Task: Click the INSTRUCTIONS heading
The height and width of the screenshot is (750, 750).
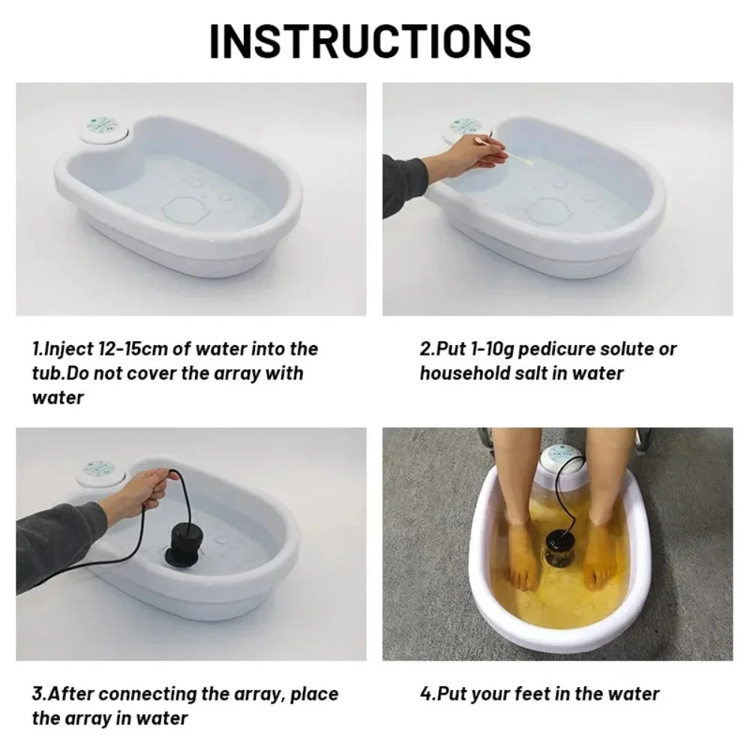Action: (x=370, y=41)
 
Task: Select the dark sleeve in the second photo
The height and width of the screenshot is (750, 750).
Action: (x=401, y=184)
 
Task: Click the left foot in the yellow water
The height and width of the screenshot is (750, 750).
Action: (x=523, y=551)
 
